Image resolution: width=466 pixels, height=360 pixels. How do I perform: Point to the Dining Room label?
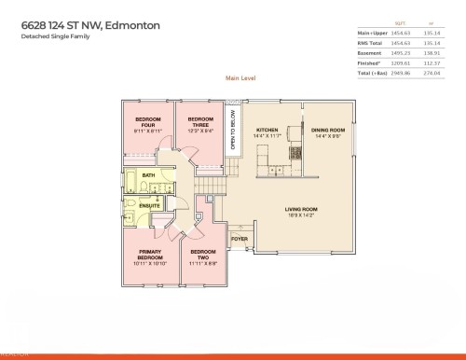pyautogui.click(x=328, y=133)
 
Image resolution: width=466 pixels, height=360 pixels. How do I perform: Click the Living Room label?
pyautogui.click(x=300, y=212)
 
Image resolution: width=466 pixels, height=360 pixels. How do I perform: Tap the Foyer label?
pyautogui.click(x=240, y=239)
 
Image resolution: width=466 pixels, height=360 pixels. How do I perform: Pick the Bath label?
pyautogui.click(x=148, y=174)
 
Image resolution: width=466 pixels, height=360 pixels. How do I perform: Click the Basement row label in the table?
pyautogui.click(x=371, y=52)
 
